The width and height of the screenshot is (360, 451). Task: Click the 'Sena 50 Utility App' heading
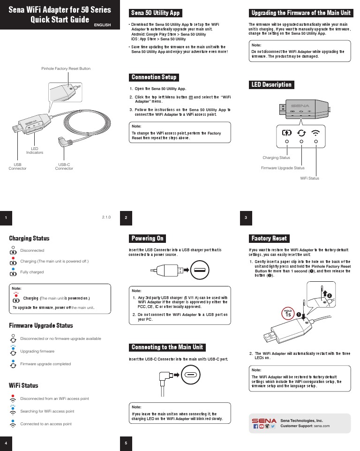pos(155,13)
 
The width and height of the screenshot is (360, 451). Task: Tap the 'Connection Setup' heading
pos(154,77)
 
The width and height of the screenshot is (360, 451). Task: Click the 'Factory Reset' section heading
pos(269,238)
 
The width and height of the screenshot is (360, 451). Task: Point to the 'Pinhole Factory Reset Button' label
pos(66,69)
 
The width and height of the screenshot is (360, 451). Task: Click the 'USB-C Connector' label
pos(64,166)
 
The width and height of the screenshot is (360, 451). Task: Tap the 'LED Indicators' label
pos(35,150)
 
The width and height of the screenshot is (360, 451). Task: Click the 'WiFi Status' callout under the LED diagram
pos(309,178)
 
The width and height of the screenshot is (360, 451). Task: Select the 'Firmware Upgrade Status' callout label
pos(283,168)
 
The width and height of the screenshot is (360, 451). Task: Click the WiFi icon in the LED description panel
pos(316,132)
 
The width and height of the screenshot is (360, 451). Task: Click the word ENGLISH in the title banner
pos(103,24)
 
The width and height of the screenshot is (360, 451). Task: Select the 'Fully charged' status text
pos(32,272)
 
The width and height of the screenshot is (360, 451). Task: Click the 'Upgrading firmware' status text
pos(37,351)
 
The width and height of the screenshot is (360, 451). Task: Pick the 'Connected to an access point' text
pos(46,424)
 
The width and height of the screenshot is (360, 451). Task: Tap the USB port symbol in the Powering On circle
pos(199,270)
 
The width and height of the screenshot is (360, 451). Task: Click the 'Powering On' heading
pos(148,238)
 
